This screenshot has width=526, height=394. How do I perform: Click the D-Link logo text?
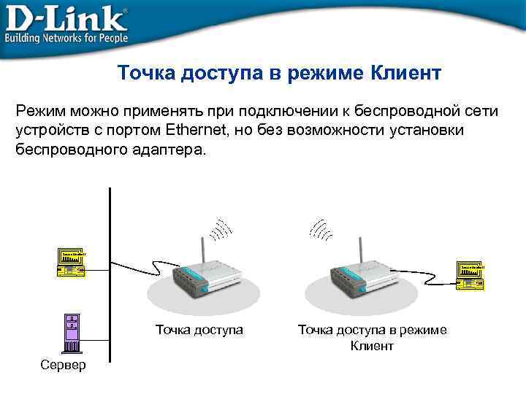click(x=66, y=17)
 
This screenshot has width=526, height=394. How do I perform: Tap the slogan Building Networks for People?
click(x=66, y=37)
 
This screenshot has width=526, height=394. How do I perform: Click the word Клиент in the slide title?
click(x=406, y=74)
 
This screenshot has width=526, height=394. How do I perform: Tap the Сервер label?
click(x=64, y=364)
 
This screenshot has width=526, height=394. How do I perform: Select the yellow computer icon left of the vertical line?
click(x=71, y=262)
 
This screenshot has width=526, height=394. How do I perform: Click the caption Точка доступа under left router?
click(x=199, y=330)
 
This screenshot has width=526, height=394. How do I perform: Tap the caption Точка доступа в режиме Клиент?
click(x=372, y=338)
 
